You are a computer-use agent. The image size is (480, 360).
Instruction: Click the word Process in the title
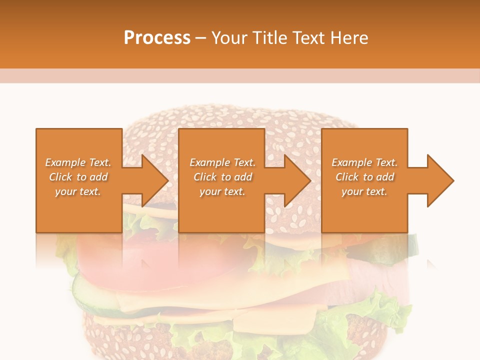tap(157, 38)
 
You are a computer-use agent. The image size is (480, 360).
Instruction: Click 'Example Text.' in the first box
tap(78, 162)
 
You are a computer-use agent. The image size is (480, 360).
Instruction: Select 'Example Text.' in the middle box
tap(222, 162)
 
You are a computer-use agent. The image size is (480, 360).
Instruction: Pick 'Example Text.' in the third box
tap(364, 162)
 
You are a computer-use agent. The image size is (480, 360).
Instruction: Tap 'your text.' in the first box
tap(78, 191)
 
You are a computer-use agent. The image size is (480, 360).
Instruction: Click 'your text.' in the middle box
tap(222, 191)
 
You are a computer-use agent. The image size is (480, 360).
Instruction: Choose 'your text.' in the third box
tap(364, 191)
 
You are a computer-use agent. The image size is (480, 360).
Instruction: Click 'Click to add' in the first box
tap(78, 177)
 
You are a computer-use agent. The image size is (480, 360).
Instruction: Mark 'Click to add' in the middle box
tap(222, 177)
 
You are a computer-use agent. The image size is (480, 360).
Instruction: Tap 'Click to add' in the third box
tap(364, 177)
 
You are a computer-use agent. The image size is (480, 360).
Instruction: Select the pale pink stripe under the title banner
tap(240, 75)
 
